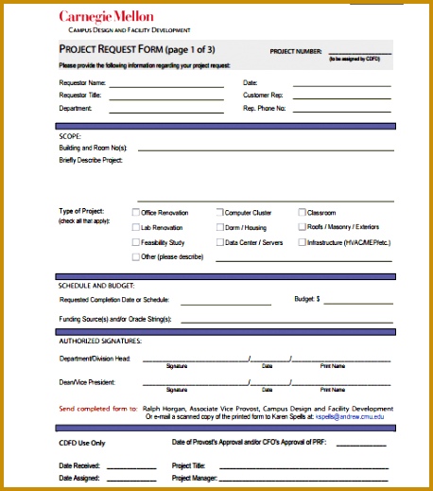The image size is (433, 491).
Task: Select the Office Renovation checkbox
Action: click(x=135, y=213)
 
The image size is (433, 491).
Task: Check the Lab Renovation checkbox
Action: click(x=135, y=227)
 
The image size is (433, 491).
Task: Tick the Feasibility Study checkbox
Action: click(x=135, y=242)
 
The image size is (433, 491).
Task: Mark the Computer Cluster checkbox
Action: click(x=219, y=213)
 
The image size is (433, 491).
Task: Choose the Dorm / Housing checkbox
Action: click(x=219, y=227)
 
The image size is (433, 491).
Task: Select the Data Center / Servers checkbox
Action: click(x=219, y=242)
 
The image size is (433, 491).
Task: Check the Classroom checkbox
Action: click(x=303, y=213)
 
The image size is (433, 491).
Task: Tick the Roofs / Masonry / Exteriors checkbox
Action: click(x=303, y=227)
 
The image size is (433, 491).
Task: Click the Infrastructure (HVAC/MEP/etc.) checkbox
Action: click(x=303, y=242)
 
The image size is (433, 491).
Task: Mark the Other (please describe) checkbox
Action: click(x=135, y=256)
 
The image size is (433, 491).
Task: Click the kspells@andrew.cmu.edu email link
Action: click(x=350, y=416)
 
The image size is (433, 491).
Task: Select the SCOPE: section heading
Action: click(x=69, y=136)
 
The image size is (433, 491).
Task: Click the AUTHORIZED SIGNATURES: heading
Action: click(x=100, y=341)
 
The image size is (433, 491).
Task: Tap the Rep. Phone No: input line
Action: click(x=343, y=111)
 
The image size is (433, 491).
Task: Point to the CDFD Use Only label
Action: click(x=82, y=443)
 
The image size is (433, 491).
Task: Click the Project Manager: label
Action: click(x=193, y=479)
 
